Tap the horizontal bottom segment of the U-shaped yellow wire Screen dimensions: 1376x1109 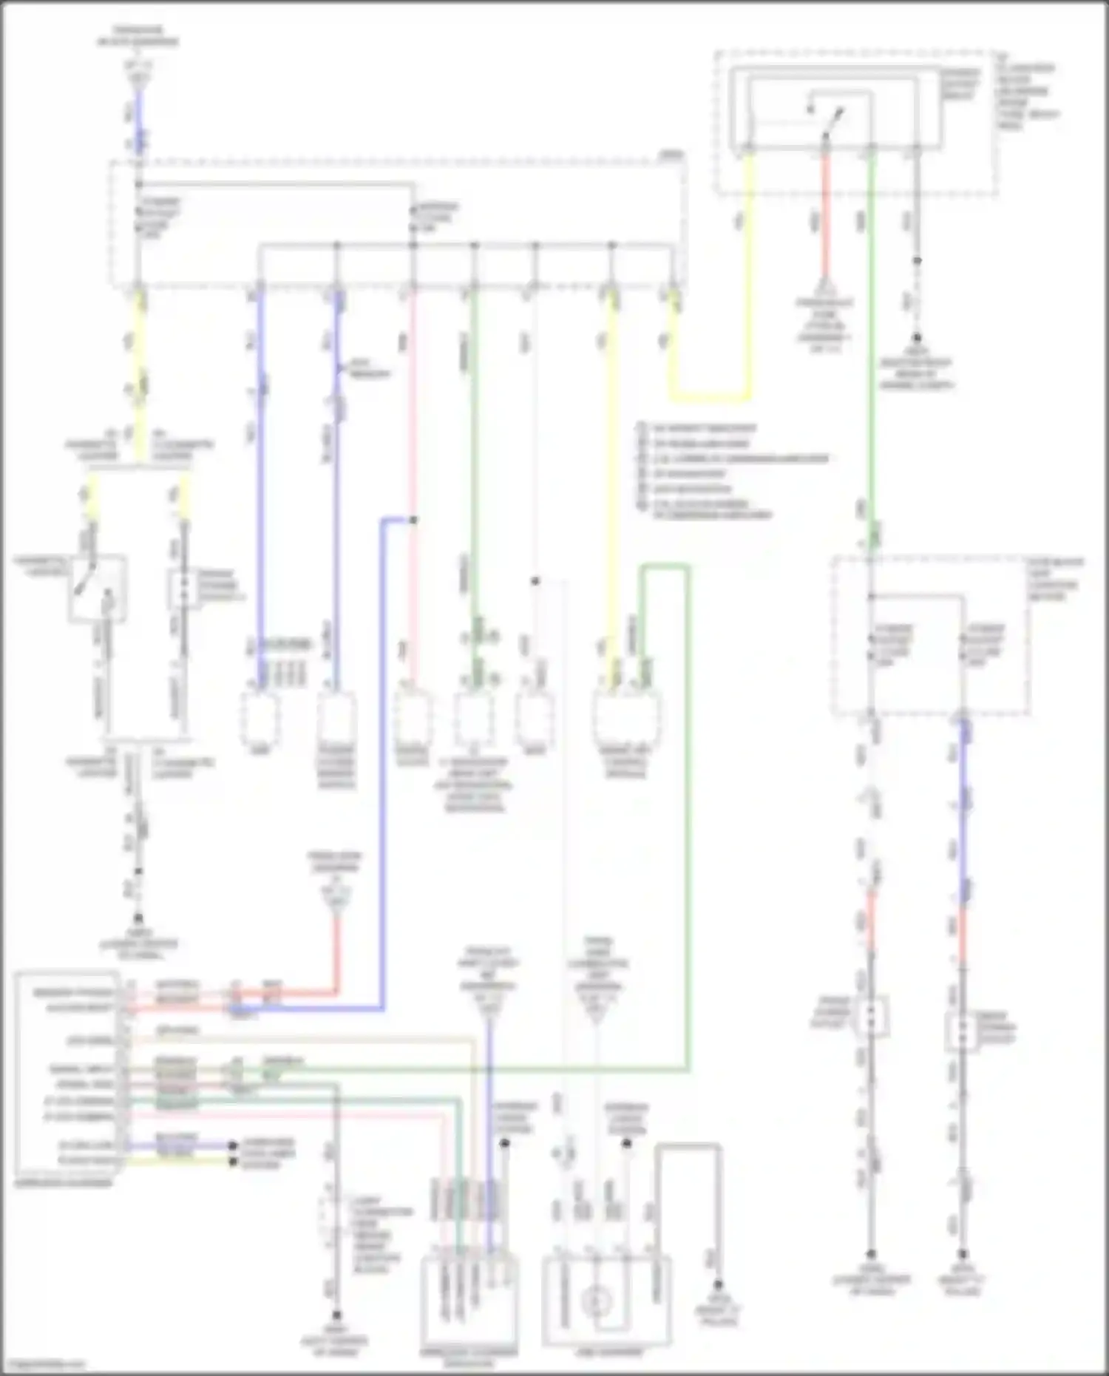click(x=710, y=397)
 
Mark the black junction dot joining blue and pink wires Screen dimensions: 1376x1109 click(x=413, y=521)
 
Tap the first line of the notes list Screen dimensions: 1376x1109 click(x=699, y=429)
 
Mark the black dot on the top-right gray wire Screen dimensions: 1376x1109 click(x=917, y=261)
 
